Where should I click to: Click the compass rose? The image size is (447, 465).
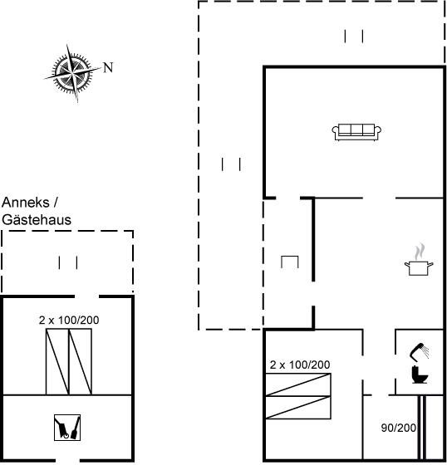tap(72, 73)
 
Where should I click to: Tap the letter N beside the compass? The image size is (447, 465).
tap(108, 67)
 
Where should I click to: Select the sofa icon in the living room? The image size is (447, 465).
tap(356, 132)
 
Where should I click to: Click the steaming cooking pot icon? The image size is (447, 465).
tap(419, 260)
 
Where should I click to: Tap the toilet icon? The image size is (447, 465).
tap(420, 374)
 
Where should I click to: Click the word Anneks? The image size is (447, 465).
tap(26, 203)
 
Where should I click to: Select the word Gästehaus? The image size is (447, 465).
tap(37, 220)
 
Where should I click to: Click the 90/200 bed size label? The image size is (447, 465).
tap(398, 428)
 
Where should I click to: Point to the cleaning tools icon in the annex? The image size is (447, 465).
tap(67, 428)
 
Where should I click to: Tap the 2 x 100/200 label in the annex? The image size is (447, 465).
tap(69, 320)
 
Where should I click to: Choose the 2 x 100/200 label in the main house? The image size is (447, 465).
tap(300, 365)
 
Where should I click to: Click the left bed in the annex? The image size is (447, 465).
tap(57, 362)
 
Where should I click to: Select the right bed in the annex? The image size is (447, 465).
tap(80, 362)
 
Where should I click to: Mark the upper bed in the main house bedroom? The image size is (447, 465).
tap(298, 384)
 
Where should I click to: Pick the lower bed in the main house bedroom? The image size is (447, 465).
tap(298, 408)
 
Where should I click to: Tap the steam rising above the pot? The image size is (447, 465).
tap(420, 252)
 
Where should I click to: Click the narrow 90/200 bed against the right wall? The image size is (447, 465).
tap(422, 427)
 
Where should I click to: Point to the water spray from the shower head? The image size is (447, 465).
tap(425, 352)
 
